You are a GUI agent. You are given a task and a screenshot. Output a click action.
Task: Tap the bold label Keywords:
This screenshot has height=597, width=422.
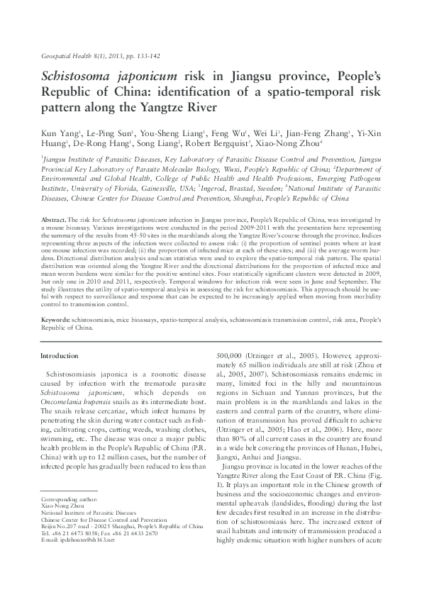point(55,321)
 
